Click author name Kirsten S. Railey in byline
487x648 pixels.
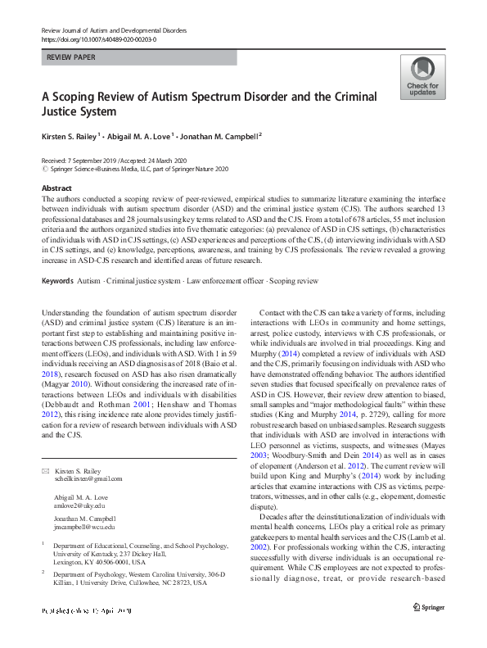70,136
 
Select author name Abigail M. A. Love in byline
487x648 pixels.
138,136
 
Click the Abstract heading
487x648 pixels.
56,188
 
